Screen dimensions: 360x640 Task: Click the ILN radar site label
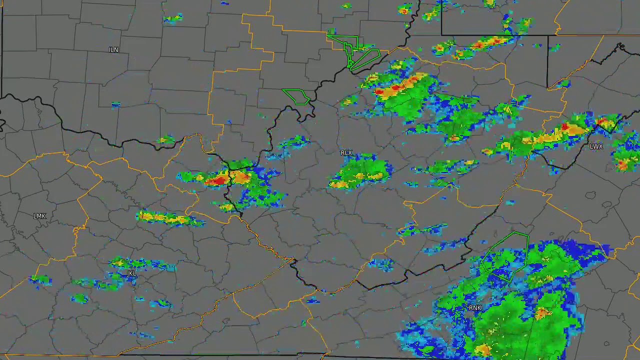(113, 50)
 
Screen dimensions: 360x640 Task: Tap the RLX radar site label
(346, 152)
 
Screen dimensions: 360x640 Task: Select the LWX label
(596, 146)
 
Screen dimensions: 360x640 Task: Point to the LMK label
(39, 216)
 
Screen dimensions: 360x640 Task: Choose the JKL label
(131, 273)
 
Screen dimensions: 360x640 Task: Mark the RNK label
(475, 308)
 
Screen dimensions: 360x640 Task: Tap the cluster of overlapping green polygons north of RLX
(356, 53)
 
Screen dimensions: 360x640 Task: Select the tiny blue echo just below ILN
(116, 104)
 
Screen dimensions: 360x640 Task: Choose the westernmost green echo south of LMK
(40, 279)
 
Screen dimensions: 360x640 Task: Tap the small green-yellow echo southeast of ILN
(165, 140)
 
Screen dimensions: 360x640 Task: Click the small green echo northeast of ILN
(172, 19)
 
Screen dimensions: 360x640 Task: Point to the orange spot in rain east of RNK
(542, 313)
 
